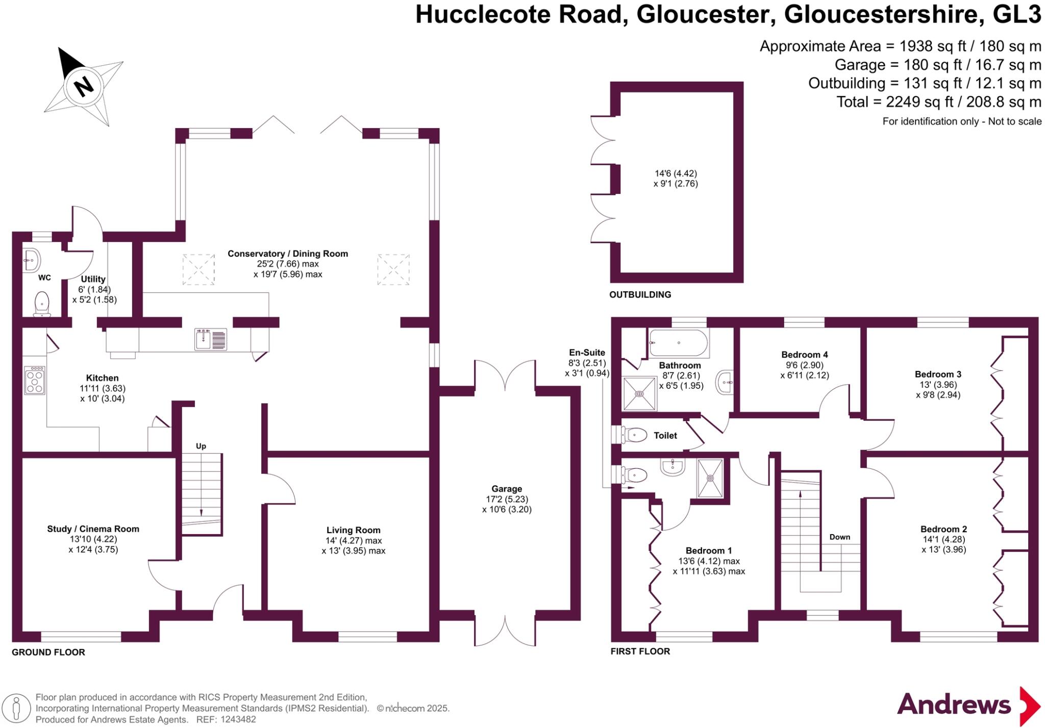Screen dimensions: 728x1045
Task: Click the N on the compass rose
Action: (84, 86)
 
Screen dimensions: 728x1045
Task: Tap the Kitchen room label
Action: (102, 378)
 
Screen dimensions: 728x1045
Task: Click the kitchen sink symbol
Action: (211, 340)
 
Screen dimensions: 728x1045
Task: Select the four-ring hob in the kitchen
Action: (35, 380)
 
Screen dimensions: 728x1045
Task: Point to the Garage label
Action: (507, 489)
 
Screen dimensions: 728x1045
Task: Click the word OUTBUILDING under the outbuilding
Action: (640, 294)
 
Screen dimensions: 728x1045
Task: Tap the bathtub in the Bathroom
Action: (679, 343)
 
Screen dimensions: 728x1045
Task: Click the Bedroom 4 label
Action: (804, 355)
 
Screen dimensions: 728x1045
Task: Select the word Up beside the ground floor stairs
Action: (201, 446)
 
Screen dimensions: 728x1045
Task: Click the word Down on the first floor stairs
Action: (839, 537)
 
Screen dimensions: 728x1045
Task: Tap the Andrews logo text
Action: (954, 705)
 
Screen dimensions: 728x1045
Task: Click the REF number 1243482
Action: (238, 719)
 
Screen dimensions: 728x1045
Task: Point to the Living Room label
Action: (353, 530)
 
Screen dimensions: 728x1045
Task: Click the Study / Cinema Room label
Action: (93, 529)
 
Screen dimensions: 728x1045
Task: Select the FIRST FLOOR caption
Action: (640, 651)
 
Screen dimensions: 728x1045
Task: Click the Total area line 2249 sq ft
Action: (938, 102)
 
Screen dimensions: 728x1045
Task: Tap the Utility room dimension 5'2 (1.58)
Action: (94, 299)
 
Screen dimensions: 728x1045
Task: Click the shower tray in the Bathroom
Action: (639, 393)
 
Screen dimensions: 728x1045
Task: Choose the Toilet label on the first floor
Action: (665, 435)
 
